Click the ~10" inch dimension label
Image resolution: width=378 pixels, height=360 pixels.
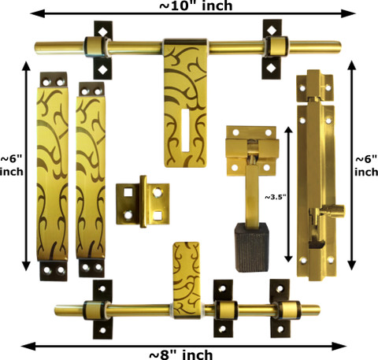(196, 6)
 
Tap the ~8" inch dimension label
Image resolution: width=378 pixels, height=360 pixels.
(181, 354)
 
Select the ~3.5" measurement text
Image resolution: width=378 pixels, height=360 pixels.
(275, 197)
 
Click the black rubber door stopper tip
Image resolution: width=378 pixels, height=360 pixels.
(252, 247)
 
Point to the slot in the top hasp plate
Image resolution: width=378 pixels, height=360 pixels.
(185, 131)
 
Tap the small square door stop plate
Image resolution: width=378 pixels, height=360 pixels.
(143, 202)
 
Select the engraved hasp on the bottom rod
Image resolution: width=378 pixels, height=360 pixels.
(187, 280)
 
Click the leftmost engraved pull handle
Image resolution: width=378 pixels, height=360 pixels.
(53, 176)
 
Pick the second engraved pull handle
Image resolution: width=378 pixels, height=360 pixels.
(91, 180)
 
